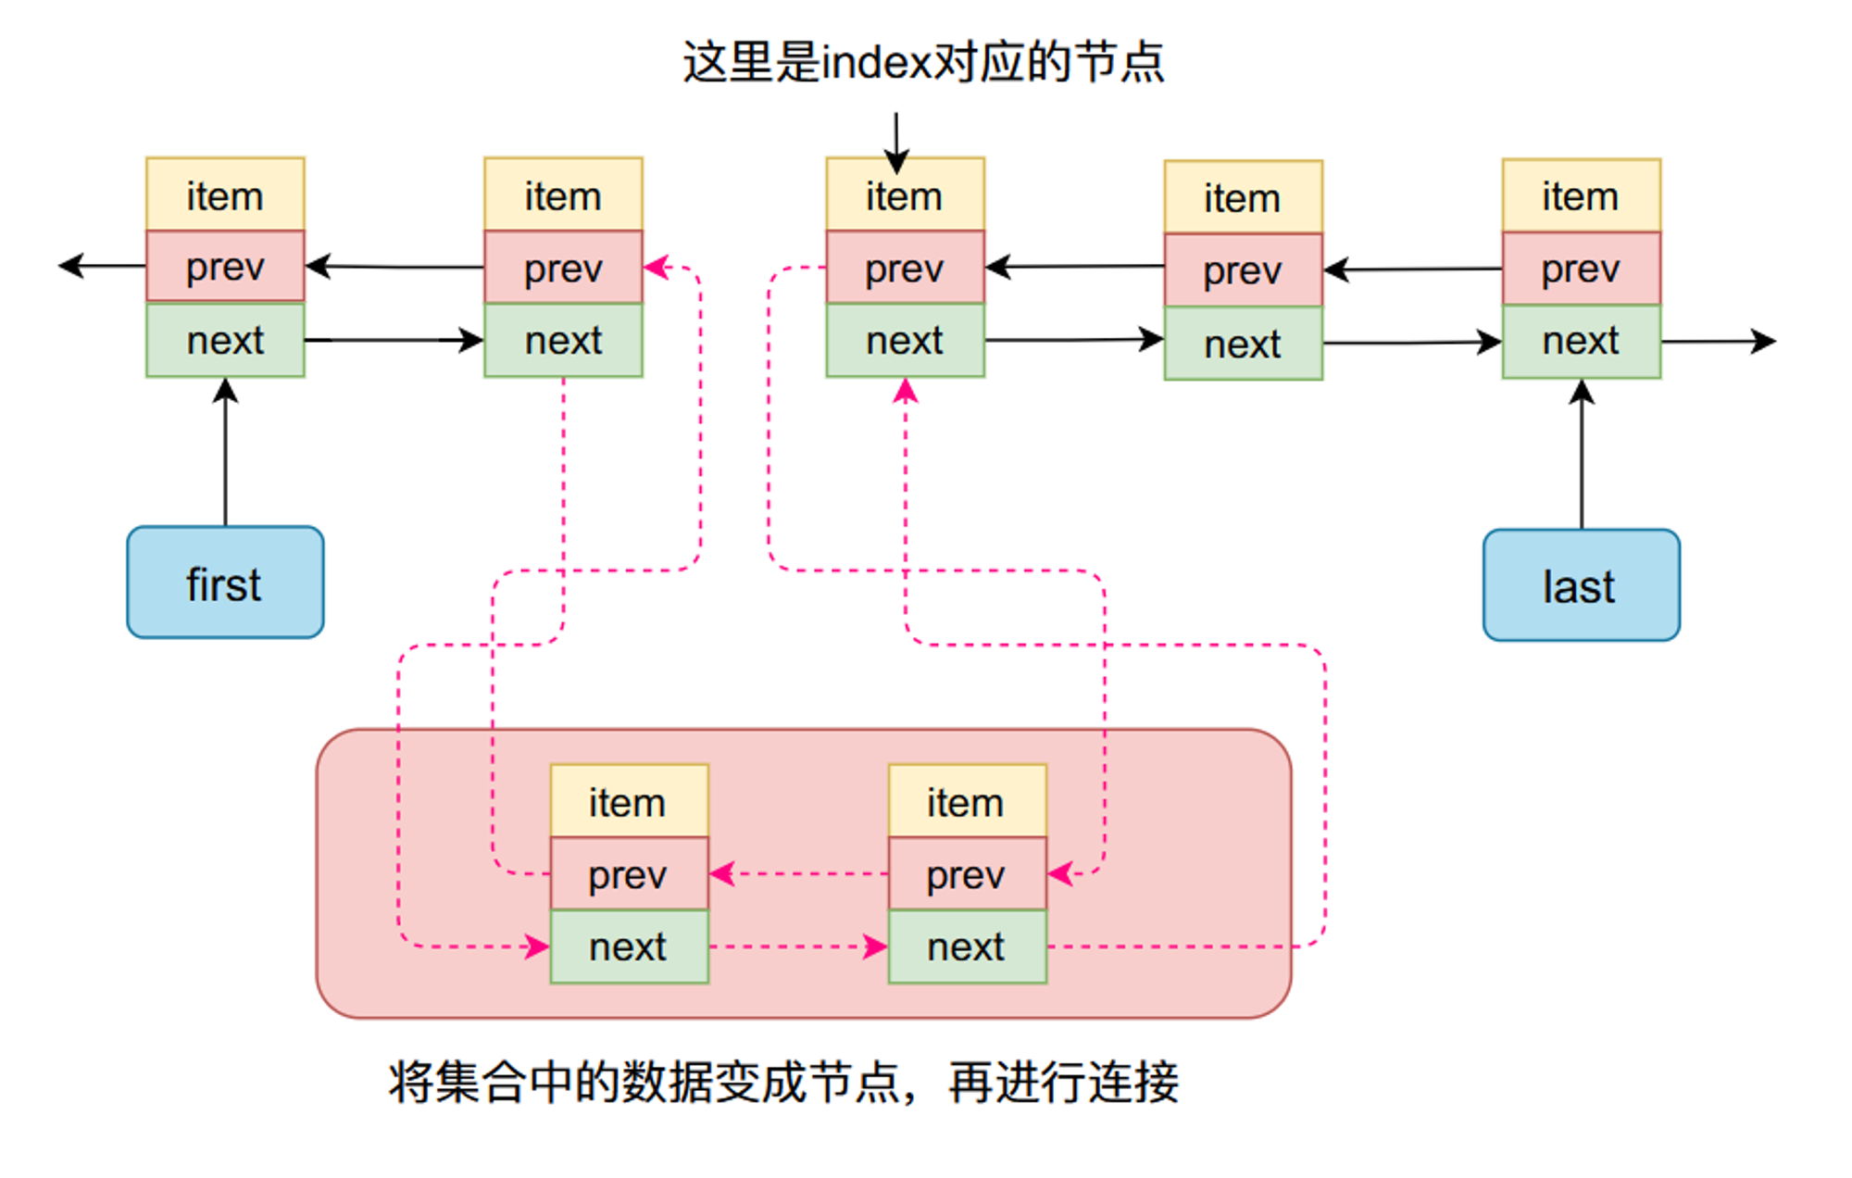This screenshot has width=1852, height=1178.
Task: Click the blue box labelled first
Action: point(225,583)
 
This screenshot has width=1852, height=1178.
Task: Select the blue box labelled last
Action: point(1582,585)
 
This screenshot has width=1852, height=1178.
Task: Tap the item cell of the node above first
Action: point(225,194)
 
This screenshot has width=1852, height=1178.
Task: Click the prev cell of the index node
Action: point(906,268)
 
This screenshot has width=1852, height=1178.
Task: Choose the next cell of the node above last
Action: point(1582,342)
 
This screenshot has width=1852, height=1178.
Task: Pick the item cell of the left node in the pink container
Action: point(630,801)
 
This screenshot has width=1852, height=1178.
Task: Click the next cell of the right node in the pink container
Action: point(968,946)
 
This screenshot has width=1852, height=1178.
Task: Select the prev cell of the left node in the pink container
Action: point(630,874)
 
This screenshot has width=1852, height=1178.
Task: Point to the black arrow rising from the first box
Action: point(225,452)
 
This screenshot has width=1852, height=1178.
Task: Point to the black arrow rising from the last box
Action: point(1582,454)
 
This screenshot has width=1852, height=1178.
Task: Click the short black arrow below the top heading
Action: point(896,143)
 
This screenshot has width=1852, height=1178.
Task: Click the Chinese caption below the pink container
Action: point(783,1082)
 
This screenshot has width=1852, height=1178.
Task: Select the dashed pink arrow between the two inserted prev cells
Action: point(799,873)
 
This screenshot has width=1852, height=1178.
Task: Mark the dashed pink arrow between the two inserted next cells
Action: point(798,946)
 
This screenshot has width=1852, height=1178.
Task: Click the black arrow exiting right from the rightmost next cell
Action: point(1719,342)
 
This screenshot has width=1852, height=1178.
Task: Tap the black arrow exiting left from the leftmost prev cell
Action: point(102,266)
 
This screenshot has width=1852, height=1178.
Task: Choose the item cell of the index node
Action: point(906,194)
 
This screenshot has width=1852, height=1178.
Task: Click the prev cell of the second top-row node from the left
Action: point(564,268)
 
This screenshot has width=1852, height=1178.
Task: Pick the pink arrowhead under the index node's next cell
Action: point(906,391)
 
